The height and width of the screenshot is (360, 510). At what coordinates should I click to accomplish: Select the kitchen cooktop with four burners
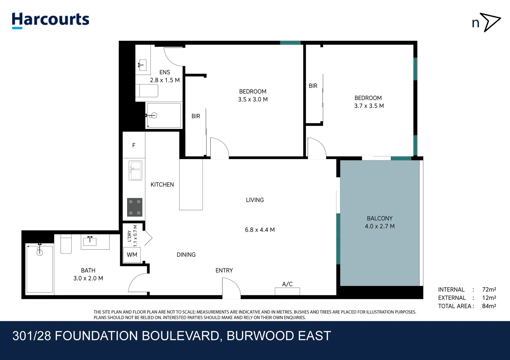[x=135, y=207]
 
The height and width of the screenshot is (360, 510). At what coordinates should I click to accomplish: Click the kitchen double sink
[x=135, y=170]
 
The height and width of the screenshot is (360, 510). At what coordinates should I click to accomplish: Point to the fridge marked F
[x=134, y=145]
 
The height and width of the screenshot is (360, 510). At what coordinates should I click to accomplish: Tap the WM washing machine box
[x=132, y=255]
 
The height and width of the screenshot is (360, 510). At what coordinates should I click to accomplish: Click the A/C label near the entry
[x=287, y=284]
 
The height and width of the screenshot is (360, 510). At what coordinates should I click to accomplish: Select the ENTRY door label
[x=224, y=270]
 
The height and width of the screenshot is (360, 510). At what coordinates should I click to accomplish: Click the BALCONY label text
[x=380, y=218]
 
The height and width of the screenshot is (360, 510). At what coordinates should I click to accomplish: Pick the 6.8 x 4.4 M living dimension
[x=260, y=230]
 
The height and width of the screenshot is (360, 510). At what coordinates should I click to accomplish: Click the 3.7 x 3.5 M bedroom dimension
[x=369, y=106]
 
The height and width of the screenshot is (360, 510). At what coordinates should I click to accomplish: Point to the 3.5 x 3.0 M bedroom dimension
[x=253, y=99]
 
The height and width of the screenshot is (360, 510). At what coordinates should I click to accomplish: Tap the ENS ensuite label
[x=165, y=72]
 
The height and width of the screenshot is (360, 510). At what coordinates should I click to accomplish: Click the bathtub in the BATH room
[x=39, y=269]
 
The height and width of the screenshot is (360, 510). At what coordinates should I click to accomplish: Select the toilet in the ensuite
[x=147, y=91]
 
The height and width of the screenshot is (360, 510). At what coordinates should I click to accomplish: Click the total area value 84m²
[x=489, y=306]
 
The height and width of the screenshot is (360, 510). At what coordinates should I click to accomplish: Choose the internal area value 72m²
[x=489, y=290]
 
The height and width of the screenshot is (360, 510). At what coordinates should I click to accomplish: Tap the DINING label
[x=186, y=255]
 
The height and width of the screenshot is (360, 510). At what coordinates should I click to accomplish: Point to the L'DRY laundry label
[x=129, y=236]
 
